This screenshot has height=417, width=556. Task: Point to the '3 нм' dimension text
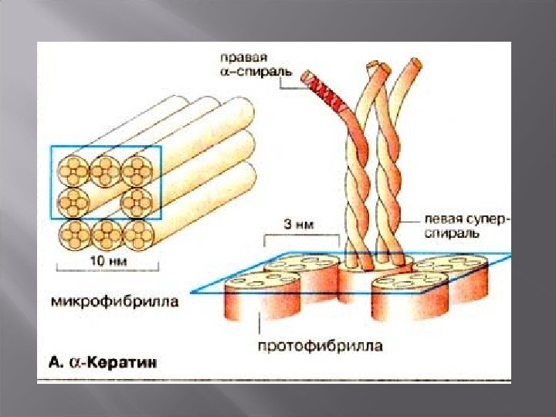[x=298, y=225]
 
